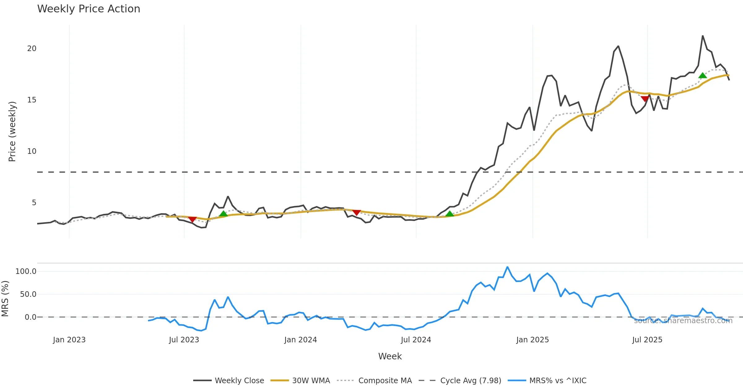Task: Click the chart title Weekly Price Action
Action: tap(89, 9)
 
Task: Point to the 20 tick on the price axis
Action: tap(32, 49)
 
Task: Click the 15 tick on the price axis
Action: tap(32, 100)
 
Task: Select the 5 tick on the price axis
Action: tap(34, 203)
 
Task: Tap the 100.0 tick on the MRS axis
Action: tap(26, 271)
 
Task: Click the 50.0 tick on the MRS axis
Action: tap(28, 294)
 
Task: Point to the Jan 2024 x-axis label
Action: tap(300, 340)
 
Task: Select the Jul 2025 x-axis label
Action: tap(647, 340)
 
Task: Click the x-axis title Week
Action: tap(390, 356)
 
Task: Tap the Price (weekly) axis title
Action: tap(12, 132)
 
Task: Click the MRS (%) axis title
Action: tap(5, 299)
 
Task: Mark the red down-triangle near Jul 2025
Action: tap(645, 99)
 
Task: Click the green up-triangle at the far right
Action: tap(702, 75)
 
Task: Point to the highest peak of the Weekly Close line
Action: tap(702, 36)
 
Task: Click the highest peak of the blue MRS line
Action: tap(507, 267)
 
